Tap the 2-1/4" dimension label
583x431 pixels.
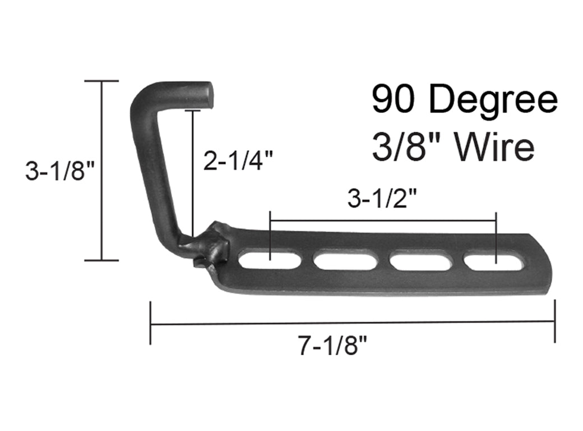[x=238, y=162]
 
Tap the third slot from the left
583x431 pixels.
[x=420, y=262]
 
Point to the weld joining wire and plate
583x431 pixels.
[x=212, y=245]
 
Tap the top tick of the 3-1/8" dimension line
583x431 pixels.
[x=101, y=81]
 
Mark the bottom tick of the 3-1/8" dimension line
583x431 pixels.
[x=101, y=260]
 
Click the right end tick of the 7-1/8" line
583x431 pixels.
[x=554, y=322]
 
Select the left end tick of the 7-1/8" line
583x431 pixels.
[x=150, y=323]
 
